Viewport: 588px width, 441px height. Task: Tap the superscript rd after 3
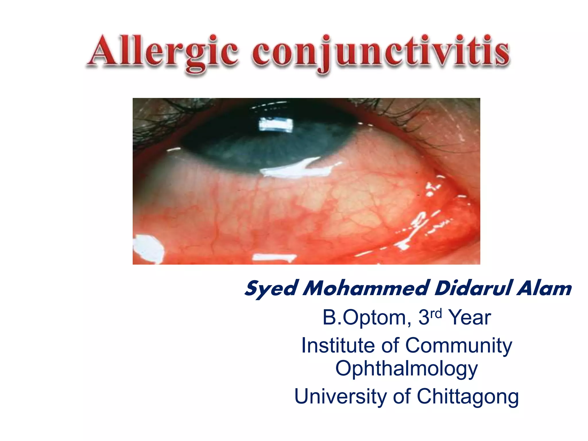click(436, 313)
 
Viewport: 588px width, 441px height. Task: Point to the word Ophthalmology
click(407, 368)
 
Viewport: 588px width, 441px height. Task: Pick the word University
click(341, 396)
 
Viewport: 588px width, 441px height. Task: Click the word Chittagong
click(468, 396)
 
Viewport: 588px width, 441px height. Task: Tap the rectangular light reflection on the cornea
click(276, 125)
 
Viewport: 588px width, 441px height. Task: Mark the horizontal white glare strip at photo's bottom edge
click(274, 258)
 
